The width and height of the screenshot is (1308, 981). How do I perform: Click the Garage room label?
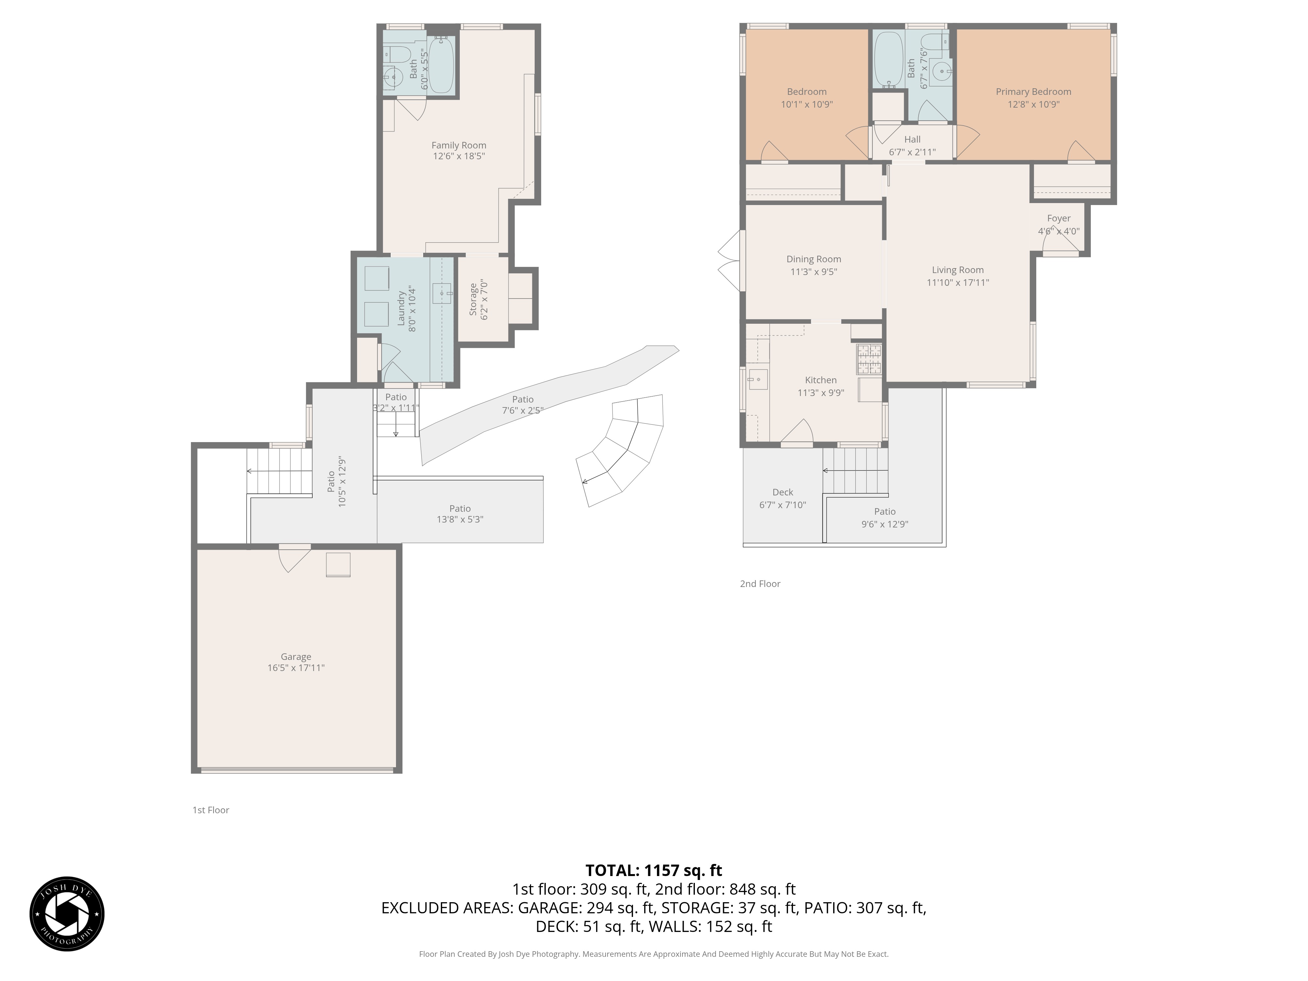point(296,656)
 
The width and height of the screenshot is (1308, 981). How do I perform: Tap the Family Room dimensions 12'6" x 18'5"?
point(459,156)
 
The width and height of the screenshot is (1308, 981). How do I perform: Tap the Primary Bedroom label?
point(1033,92)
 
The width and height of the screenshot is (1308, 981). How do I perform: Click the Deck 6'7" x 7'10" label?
point(782,498)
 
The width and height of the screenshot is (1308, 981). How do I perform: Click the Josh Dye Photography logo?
point(67,914)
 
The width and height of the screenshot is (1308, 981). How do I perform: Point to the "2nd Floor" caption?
point(760,584)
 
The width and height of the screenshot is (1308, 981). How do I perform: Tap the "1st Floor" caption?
point(211,810)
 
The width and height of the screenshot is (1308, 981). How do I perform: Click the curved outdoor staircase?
point(621,449)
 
